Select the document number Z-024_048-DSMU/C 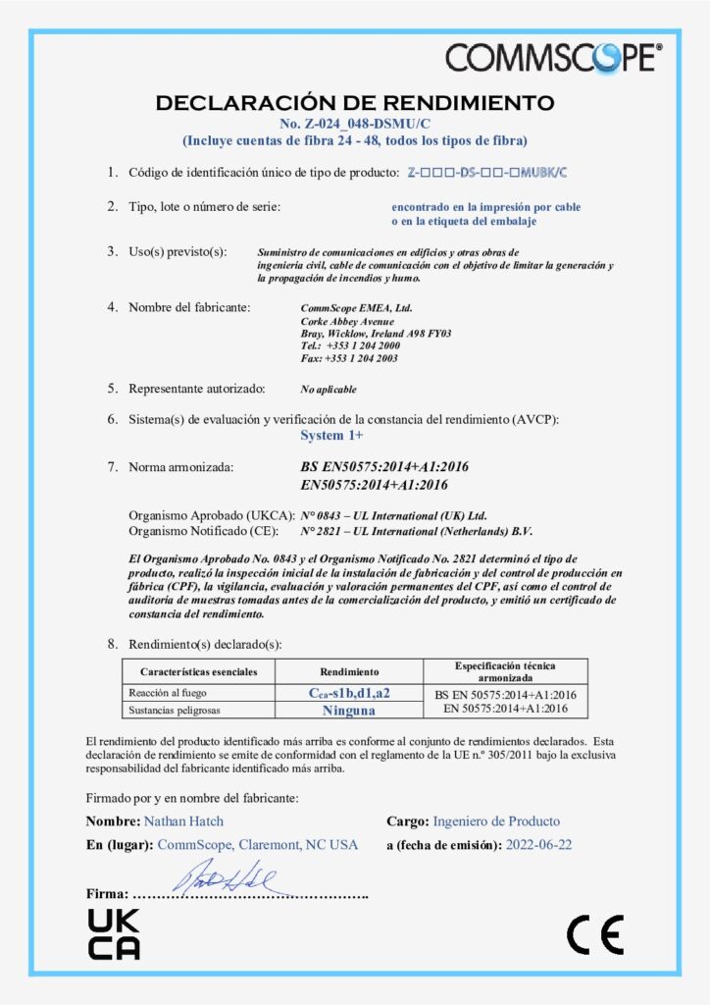click(x=355, y=124)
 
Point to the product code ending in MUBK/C click(x=487, y=173)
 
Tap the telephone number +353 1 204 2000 click(x=363, y=346)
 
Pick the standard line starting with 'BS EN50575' click(x=383, y=467)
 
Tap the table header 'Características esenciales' click(x=199, y=671)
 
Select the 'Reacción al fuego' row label click(x=164, y=693)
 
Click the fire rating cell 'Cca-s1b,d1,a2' click(x=349, y=693)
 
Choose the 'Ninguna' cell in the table click(x=349, y=709)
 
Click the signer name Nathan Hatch click(x=182, y=820)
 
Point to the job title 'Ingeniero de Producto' click(x=496, y=820)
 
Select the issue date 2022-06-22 click(x=539, y=844)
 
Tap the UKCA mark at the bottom click(x=114, y=933)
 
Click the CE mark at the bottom click(x=594, y=934)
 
